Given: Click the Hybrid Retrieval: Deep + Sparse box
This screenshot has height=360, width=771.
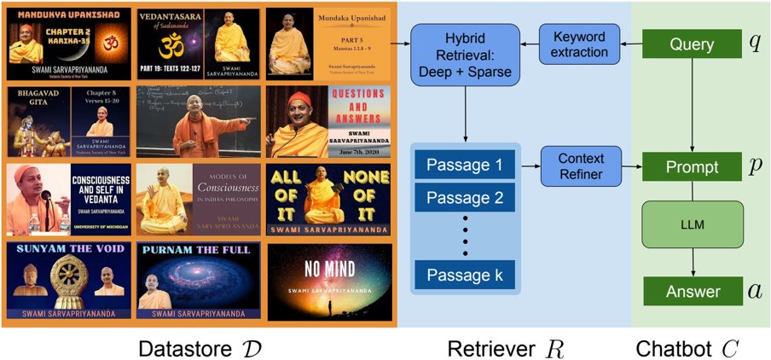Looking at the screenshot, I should pos(466,55).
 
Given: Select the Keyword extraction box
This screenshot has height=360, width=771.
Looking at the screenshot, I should pos(579,44).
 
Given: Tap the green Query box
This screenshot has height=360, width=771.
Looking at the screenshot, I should pos(693,44).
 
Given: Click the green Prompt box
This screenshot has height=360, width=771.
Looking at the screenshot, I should pos(693,167).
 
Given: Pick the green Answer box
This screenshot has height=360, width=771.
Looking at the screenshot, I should pos(693,292).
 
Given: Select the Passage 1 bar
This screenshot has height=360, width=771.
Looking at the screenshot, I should pos(465,165).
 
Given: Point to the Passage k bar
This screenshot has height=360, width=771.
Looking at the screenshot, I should pos(465,275).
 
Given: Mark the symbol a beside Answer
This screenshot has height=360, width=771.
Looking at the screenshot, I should pos(755,292).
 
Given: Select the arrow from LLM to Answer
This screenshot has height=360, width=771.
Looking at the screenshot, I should pos(693,264).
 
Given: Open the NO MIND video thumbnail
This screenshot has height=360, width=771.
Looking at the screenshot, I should pos(329,281).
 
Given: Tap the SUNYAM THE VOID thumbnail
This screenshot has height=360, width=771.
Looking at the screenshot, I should pos(68,281).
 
